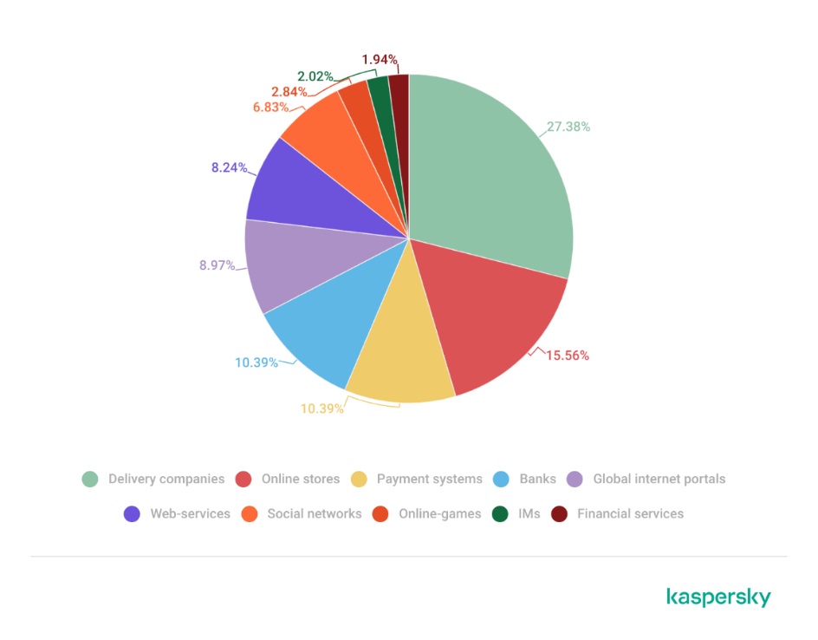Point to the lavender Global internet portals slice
286,264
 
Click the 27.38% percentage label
568,127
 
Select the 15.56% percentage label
567,356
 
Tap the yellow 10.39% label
322,408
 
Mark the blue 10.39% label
256,362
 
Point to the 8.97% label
217,265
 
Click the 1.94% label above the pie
380,60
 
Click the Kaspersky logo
718,598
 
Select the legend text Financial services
630,513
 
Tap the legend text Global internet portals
659,479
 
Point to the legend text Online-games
439,513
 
